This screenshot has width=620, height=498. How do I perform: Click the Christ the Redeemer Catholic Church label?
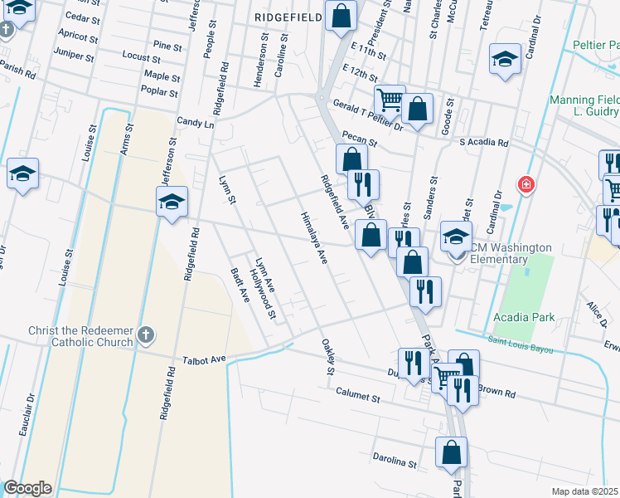pos(80,336)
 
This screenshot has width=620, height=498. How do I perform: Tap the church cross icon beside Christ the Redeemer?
pos(145,336)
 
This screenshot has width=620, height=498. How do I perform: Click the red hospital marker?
pos(525,183)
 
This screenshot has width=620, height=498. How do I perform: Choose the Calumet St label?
pos(357,398)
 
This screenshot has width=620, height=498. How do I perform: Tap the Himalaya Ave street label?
pos(314,237)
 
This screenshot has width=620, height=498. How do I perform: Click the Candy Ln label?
pos(196,123)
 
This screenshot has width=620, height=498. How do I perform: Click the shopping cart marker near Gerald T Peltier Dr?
pos(389,100)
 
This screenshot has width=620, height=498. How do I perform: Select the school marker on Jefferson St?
pos(172,202)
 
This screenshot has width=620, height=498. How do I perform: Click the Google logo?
pos(27,488)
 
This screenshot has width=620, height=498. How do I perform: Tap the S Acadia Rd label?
pos(484,142)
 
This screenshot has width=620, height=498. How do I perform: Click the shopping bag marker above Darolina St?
pos(452,452)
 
